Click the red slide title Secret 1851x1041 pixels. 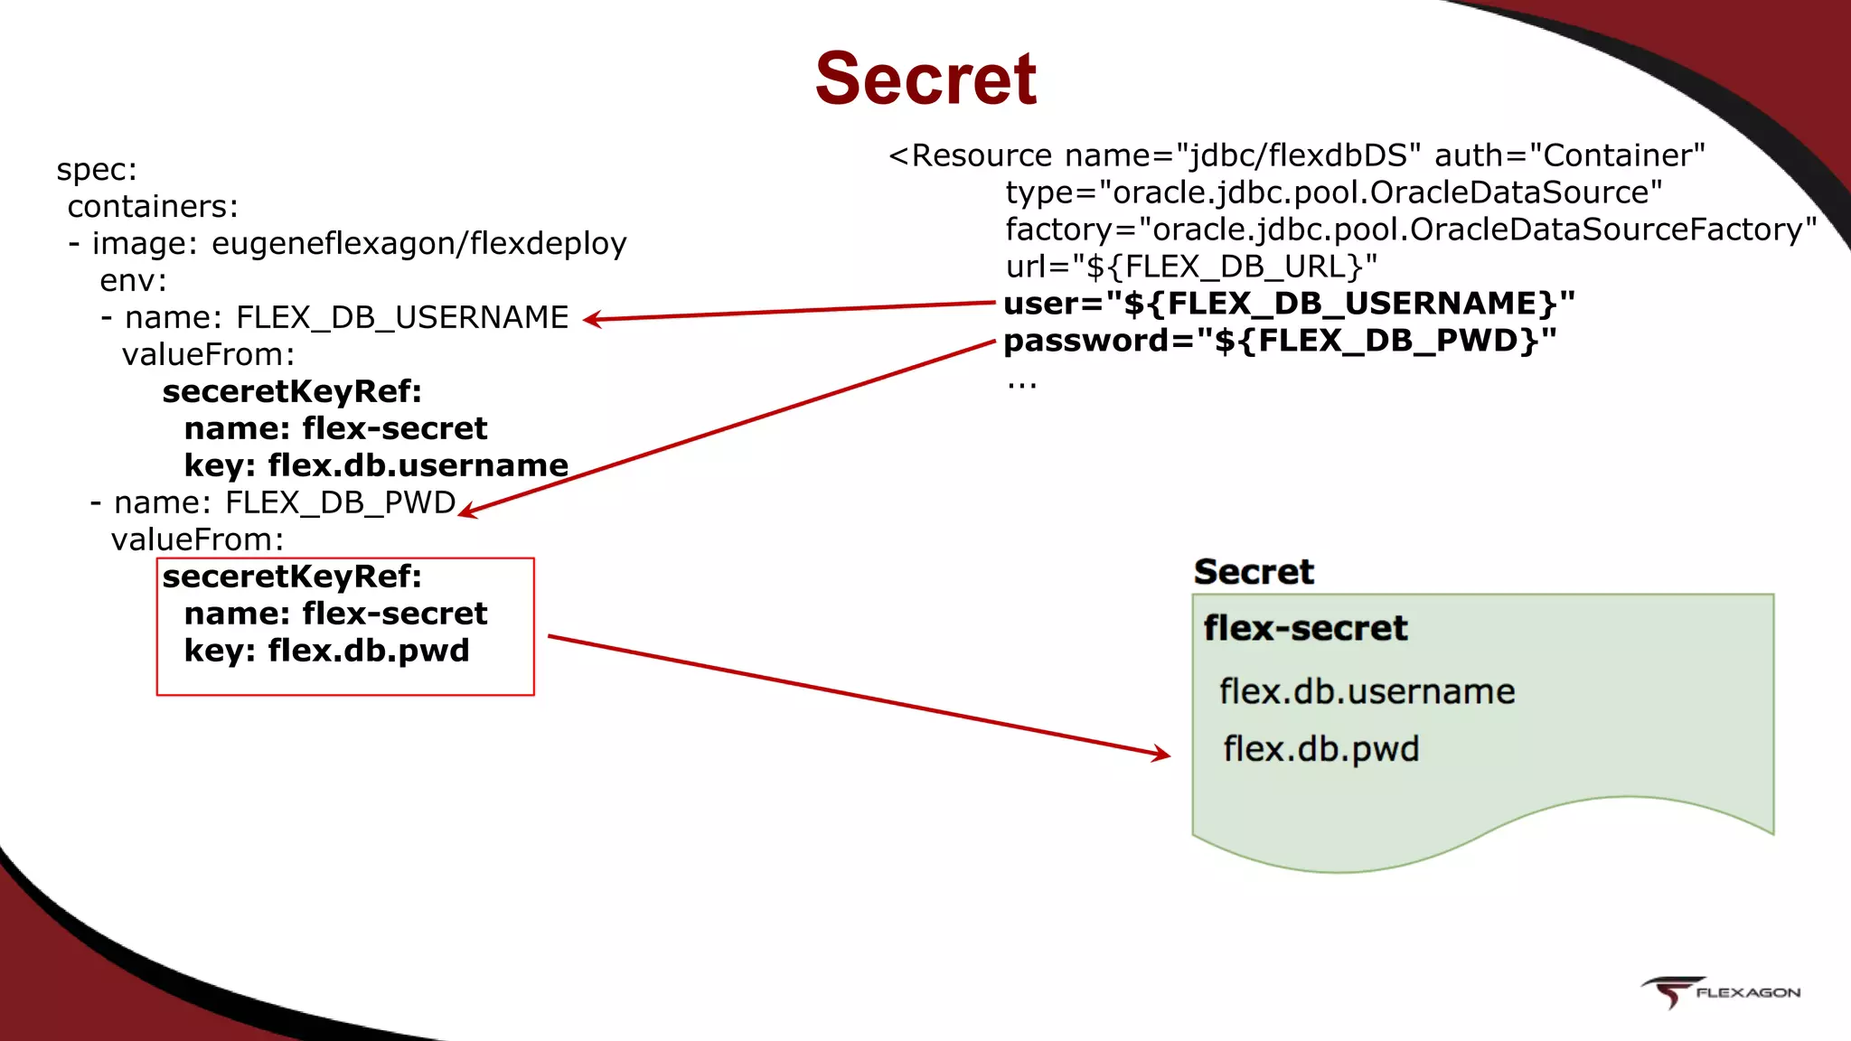tap(925, 80)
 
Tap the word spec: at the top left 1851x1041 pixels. tap(97, 170)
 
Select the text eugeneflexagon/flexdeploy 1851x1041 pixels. tap(418, 244)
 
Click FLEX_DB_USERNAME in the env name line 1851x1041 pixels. tap(402, 318)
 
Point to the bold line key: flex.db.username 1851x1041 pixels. tap(376, 465)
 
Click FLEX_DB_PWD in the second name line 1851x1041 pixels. tap(340, 502)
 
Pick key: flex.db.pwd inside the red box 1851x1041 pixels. tap(326, 651)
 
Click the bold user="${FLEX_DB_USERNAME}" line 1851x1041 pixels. tap(1289, 304)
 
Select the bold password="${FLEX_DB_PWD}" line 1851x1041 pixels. tap(1280, 341)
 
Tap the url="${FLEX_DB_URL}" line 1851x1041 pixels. tap(1191, 267)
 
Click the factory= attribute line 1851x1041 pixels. tap(1410, 230)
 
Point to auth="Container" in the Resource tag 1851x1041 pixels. tap(1569, 155)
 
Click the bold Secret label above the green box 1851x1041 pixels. tap(1254, 572)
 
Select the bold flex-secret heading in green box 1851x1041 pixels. tap(1305, 628)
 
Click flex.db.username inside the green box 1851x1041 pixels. tap(1367, 691)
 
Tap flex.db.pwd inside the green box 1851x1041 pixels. tap(1320, 749)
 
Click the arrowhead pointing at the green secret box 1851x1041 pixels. tap(1161, 754)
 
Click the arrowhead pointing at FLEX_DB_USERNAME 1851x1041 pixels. tap(593, 319)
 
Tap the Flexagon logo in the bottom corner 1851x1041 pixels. tap(1720, 991)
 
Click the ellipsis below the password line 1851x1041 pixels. tap(1021, 385)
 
